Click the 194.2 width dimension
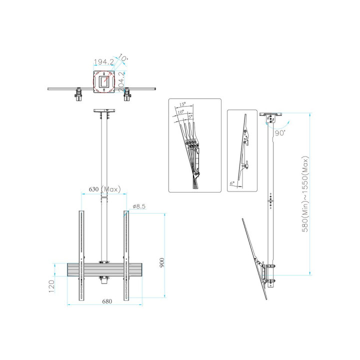pos(103,62)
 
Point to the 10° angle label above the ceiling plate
pos(122,58)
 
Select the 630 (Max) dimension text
pos(103,189)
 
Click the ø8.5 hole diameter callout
pos(139,206)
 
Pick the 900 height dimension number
pos(161,262)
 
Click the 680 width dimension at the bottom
pos(107,301)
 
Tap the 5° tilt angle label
pos(190,116)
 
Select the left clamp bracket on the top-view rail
pos(78,93)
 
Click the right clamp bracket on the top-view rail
pos(128,93)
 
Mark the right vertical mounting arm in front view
pos(126,255)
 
